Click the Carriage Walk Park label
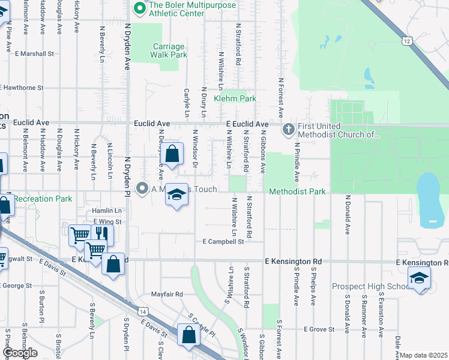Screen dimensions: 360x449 click(x=169, y=50)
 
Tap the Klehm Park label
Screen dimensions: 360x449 click(x=235, y=99)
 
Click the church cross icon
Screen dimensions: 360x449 click(x=288, y=128)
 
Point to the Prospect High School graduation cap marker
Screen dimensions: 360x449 click(x=419, y=278)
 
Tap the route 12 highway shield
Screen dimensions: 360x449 click(x=408, y=41)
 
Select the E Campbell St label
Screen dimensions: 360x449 click(x=223, y=242)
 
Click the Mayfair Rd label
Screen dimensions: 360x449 click(x=166, y=295)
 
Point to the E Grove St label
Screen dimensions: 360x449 click(x=319, y=329)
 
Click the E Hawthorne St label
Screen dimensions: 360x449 click(x=22, y=88)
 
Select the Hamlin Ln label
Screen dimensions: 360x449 click(x=107, y=211)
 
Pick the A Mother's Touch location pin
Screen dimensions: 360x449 click(x=142, y=189)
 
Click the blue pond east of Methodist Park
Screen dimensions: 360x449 click(x=430, y=199)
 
